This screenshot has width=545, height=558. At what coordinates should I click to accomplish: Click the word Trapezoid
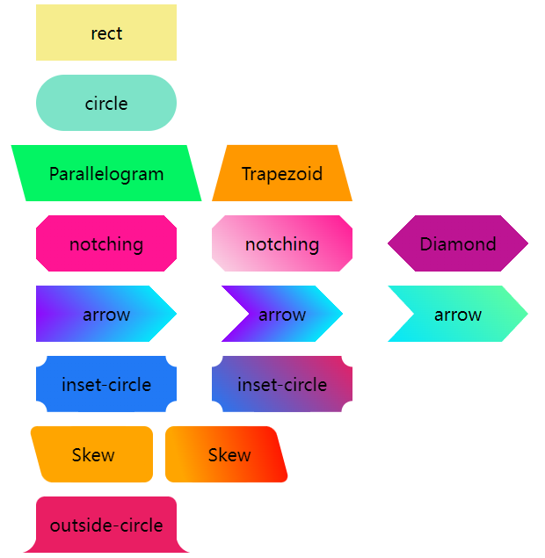click(282, 174)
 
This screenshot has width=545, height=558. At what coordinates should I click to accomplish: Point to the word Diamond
click(458, 244)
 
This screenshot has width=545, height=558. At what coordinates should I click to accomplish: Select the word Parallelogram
click(106, 174)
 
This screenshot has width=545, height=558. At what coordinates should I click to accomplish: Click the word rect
click(106, 33)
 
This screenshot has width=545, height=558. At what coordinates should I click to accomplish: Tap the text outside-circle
click(106, 525)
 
